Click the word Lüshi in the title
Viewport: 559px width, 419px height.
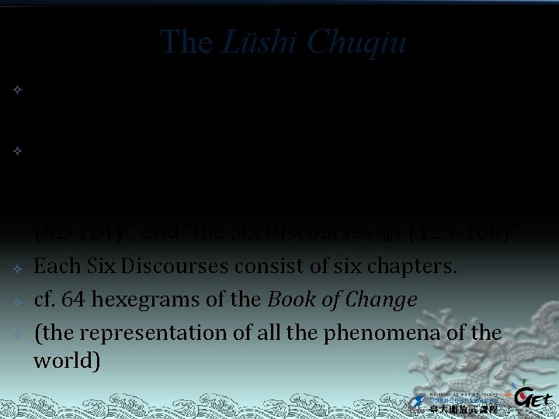coord(252,43)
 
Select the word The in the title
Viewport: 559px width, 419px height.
coord(184,43)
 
